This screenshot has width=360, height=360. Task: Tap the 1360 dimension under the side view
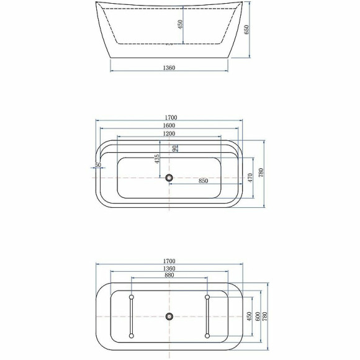[169, 66]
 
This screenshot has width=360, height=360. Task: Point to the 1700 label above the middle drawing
[171, 117]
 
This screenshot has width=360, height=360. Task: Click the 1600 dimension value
[169, 125]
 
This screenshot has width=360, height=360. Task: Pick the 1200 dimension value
[169, 133]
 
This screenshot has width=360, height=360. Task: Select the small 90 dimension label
[176, 148]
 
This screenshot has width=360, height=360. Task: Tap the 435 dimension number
[158, 158]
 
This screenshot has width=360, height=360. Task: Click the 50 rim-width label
[98, 165]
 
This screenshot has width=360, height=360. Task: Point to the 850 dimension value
[203, 181]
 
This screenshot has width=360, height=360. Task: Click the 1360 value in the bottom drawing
[169, 268]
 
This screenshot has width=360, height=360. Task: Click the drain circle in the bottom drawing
[169, 317]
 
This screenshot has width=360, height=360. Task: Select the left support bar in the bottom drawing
[131, 317]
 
